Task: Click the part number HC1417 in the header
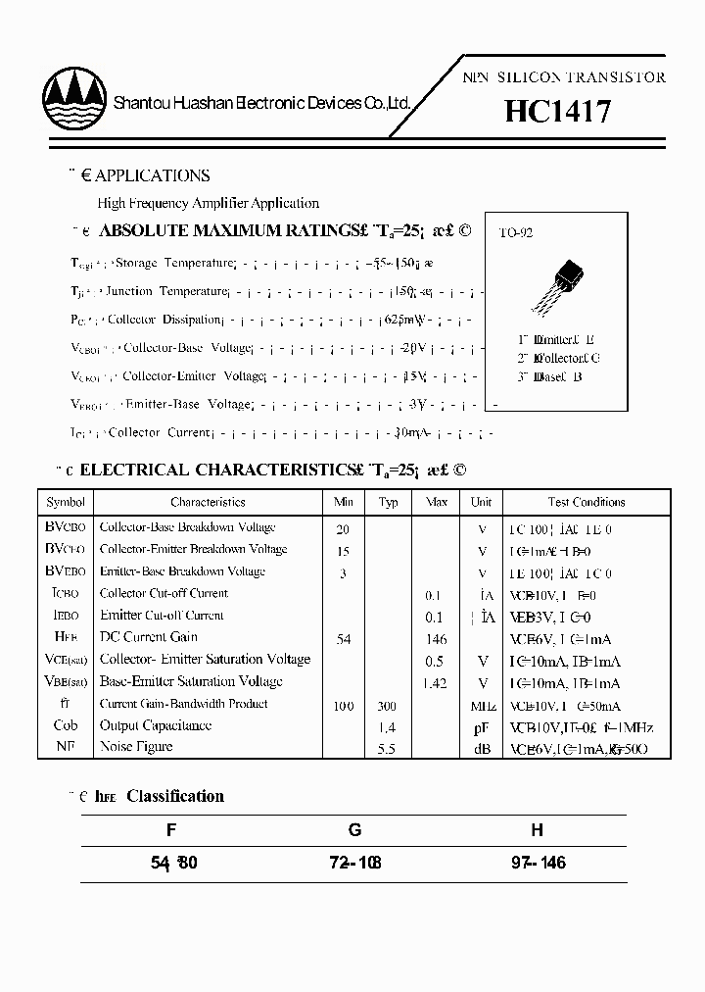[558, 111]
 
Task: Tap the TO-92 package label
[516, 233]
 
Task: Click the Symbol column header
[66, 502]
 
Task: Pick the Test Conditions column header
[587, 502]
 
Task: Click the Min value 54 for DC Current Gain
[343, 639]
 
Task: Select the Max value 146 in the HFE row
[436, 639]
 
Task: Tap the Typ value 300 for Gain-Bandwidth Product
[389, 706]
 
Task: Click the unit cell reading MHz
[482, 706]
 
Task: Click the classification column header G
[354, 830]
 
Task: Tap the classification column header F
[171, 830]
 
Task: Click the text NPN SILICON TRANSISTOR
[564, 77]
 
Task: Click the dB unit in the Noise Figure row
[482, 749]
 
